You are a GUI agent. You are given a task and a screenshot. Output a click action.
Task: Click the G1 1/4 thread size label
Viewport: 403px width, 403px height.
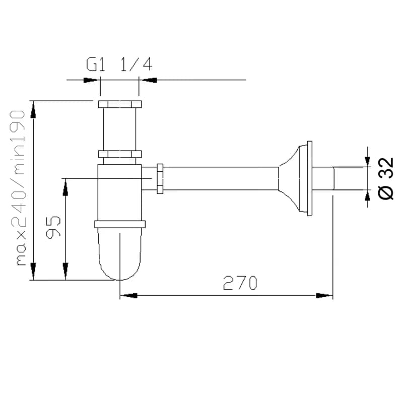pos(119,64)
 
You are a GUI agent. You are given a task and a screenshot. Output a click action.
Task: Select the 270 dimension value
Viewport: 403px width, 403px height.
pos(240,283)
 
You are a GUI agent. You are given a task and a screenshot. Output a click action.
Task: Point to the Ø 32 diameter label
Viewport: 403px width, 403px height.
pos(385,178)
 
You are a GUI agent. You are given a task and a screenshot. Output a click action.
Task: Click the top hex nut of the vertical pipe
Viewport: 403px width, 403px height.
pos(120,104)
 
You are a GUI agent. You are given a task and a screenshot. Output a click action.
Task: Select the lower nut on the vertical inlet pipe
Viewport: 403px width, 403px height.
pos(120,154)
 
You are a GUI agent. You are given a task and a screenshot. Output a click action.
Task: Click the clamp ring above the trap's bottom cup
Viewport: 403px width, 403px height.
pos(120,224)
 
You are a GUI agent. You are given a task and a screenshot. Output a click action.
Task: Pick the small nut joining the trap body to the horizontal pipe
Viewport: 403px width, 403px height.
pos(160,179)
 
